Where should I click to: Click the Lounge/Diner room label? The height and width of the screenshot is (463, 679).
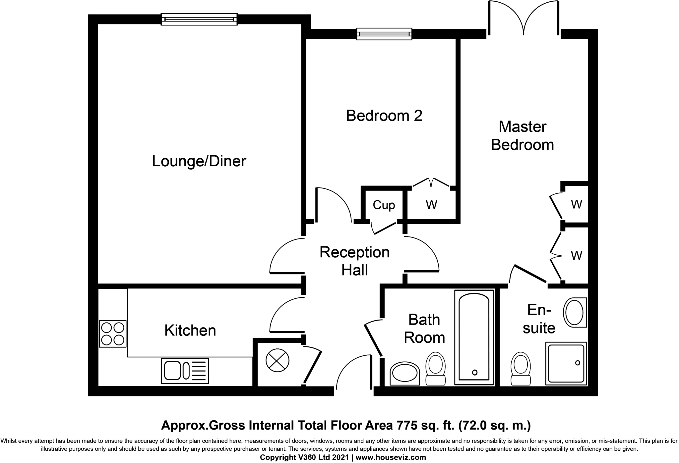coord(199,161)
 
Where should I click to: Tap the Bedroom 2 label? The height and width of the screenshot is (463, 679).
coord(384,116)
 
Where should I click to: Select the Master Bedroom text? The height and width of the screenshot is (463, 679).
coord(522,136)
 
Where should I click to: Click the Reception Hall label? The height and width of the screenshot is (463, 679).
coord(354,261)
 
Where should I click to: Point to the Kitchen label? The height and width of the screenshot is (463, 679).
coord(190,331)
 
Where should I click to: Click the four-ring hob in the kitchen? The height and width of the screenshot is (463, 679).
coord(113,334)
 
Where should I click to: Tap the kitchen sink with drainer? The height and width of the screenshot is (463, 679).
coord(185,371)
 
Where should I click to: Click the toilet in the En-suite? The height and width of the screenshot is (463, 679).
coord(521,369)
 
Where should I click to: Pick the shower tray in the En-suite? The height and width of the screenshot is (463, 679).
coord(566,363)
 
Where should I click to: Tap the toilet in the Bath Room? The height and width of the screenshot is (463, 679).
coord(435,369)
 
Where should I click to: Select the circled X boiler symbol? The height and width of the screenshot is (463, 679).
coord(278,360)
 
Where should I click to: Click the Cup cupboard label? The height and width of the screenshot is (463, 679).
coord(384,205)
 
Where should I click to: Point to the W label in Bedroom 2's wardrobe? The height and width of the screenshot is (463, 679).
coord(431,205)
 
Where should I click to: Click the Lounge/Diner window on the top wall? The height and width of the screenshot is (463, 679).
coord(199,19)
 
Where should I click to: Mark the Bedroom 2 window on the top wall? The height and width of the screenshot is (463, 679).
coord(384,34)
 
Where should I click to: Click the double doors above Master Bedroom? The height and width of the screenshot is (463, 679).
coord(524,18)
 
